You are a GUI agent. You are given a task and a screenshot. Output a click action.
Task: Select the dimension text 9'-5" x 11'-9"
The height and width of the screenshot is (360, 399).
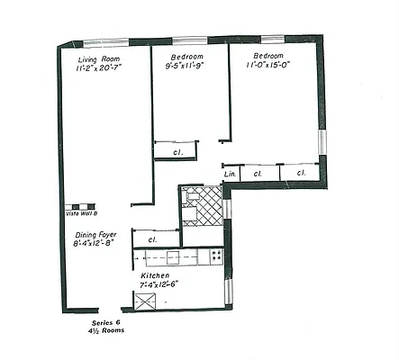[185, 66]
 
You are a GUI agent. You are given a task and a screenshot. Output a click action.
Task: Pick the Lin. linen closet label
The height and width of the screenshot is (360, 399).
[230, 173]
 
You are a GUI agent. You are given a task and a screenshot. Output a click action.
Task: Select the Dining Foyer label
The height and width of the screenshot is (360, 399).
[95, 234]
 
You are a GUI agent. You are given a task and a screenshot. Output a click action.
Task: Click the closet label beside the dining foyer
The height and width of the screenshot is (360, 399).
[152, 240]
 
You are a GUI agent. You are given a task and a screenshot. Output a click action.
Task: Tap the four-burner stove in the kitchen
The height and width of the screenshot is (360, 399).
[216, 256]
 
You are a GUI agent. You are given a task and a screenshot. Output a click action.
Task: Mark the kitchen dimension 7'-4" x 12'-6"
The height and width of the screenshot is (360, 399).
[159, 284]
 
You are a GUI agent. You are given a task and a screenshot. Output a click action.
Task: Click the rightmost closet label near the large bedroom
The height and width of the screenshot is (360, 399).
[300, 173]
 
